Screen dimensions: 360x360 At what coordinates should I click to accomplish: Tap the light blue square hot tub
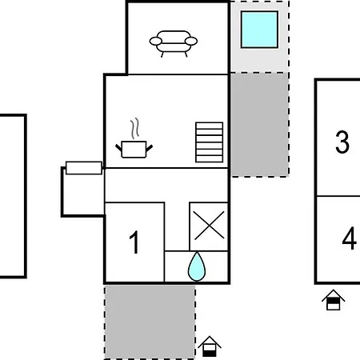[259, 30]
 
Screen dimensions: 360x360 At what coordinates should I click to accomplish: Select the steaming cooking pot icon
[134, 138]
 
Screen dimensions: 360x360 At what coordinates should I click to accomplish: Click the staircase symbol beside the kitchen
[210, 142]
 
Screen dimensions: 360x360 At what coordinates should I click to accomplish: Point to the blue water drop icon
[197, 266]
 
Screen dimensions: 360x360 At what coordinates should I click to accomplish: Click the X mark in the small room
[209, 226]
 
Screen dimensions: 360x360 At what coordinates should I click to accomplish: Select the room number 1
[134, 242]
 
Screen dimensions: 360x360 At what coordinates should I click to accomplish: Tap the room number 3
[342, 142]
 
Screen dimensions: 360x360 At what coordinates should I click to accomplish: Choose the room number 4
[350, 238]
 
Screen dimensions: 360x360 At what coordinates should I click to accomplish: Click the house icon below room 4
[334, 300]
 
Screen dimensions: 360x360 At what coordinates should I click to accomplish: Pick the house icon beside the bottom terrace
[210, 346]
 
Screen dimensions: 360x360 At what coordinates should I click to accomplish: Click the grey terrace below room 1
[150, 322]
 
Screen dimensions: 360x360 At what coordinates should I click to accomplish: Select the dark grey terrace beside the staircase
[260, 125]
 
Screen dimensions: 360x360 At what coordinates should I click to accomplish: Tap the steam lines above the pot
[135, 129]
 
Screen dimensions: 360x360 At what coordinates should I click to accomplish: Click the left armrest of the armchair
[156, 41]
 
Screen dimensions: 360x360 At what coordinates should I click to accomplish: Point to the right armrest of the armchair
[191, 41]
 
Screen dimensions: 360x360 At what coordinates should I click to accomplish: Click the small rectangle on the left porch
[84, 168]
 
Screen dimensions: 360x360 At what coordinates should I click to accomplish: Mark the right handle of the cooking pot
[150, 148]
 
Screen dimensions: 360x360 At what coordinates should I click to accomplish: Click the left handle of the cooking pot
[118, 148]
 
